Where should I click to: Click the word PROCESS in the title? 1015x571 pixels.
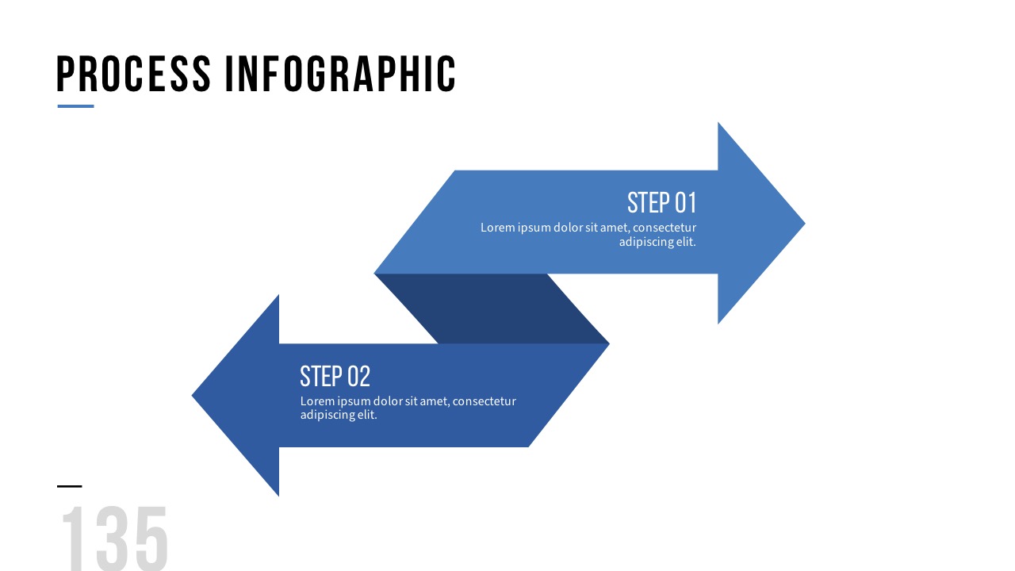pos(133,75)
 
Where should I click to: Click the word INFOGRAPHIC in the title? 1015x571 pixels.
pos(340,75)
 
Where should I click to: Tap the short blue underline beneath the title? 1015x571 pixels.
pos(75,106)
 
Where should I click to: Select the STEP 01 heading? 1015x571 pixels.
pos(661,203)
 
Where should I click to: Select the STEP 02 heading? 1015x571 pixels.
pos(335,376)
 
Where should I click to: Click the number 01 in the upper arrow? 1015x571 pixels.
pos(684,203)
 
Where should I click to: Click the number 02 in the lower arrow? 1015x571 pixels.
pos(358,376)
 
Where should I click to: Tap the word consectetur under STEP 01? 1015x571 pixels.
pos(665,228)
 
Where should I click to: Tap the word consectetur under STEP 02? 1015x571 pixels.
pos(484,401)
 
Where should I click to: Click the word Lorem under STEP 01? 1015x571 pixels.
pos(497,228)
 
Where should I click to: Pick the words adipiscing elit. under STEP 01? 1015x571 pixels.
pos(657,242)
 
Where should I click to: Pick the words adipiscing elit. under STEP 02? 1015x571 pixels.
pos(339,415)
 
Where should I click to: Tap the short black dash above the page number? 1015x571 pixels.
pos(70,486)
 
